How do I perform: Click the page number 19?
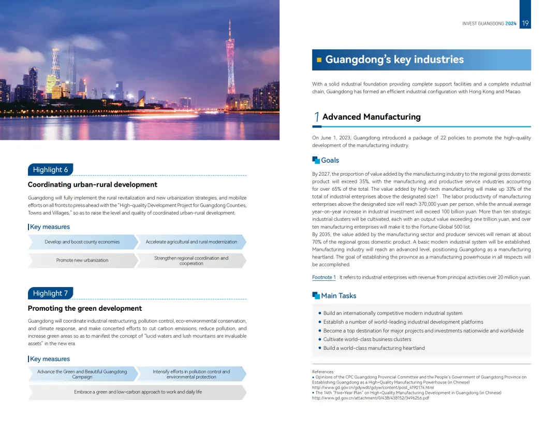(525, 23)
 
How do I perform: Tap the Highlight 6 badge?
(50, 170)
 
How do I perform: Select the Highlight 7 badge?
(50, 293)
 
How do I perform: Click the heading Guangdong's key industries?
(394, 60)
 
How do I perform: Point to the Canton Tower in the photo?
(230, 62)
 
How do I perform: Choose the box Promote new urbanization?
(82, 260)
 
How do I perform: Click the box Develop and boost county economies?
(82, 242)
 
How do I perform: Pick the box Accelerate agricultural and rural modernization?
(191, 242)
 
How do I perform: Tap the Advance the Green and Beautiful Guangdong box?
(82, 374)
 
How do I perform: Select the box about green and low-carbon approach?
(138, 392)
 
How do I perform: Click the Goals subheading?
(330, 161)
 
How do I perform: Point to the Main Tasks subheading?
(339, 296)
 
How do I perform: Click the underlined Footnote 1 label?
(323, 277)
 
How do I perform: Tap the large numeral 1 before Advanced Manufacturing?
(316, 118)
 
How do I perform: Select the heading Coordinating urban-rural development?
(92, 184)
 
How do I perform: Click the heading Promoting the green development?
(84, 308)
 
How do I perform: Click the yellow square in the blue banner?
(319, 60)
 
